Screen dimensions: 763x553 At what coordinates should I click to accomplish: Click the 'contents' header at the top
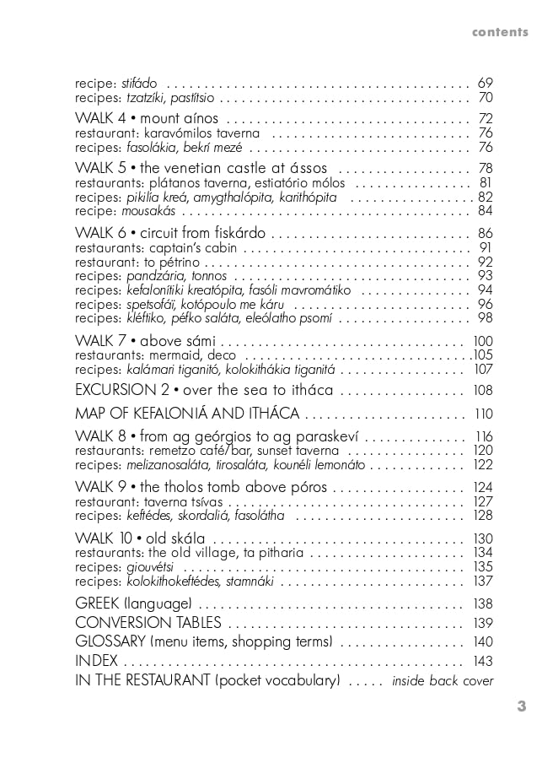(500, 33)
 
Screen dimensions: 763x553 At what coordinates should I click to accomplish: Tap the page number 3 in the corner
(522, 706)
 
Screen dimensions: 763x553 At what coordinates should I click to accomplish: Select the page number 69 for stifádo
(485, 84)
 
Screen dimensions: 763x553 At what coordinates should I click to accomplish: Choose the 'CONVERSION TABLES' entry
(148, 623)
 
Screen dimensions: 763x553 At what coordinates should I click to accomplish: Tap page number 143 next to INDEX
(482, 661)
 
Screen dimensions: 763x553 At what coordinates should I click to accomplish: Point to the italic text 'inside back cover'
(443, 681)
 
